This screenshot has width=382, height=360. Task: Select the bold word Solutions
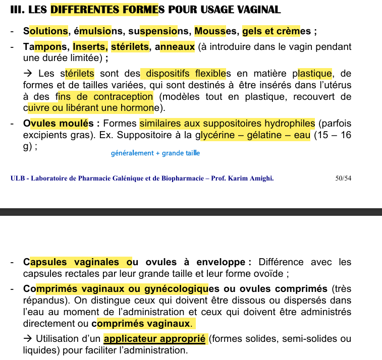[x=45, y=31]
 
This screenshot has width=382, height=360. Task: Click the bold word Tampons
[x=45, y=47]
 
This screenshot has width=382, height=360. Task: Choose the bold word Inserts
[x=89, y=47]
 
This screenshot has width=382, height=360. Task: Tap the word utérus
[x=336, y=85]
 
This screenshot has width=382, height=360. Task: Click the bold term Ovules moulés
[x=59, y=124]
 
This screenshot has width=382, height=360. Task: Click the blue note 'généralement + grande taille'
[x=155, y=153]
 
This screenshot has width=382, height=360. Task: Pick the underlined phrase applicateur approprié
[x=154, y=338]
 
